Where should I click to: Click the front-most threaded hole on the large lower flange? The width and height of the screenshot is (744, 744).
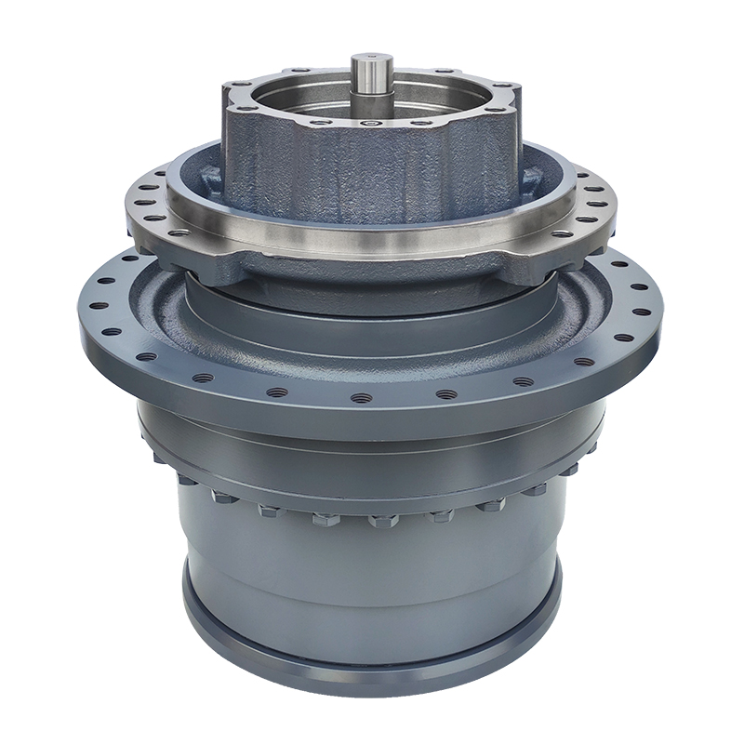coord(362,398)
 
